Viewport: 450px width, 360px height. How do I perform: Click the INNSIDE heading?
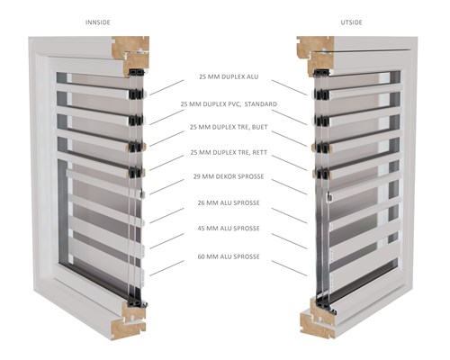pyautogui.click(x=98, y=22)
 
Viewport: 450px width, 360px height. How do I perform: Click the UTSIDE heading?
pyautogui.click(x=351, y=22)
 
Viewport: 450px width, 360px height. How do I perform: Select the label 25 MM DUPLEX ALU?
pyautogui.click(x=229, y=76)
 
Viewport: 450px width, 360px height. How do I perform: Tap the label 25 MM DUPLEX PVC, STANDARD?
pyautogui.click(x=229, y=104)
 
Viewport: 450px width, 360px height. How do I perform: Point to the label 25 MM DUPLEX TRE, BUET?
pyautogui.click(x=229, y=127)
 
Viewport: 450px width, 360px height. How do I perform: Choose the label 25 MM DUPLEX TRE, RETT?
pyautogui.click(x=229, y=153)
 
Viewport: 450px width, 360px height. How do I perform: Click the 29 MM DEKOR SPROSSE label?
pyautogui.click(x=229, y=176)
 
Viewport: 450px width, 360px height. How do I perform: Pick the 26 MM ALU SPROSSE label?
pyautogui.click(x=229, y=202)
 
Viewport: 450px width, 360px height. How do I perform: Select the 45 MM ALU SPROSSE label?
pyautogui.click(x=229, y=229)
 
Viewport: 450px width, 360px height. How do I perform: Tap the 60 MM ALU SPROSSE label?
pyautogui.click(x=229, y=256)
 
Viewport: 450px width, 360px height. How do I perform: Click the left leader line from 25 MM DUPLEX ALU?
pyautogui.click(x=166, y=87)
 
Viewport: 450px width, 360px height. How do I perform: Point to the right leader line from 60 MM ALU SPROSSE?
pyautogui.click(x=289, y=268)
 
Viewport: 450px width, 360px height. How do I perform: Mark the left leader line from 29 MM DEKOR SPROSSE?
pyautogui.click(x=166, y=187)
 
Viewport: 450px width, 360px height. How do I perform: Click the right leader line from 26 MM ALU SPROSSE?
pyautogui.click(x=289, y=215)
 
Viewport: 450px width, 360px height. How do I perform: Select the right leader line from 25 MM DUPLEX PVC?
pyautogui.click(x=289, y=117)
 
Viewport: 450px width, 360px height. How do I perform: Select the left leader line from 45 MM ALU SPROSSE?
pyautogui.click(x=166, y=241)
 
